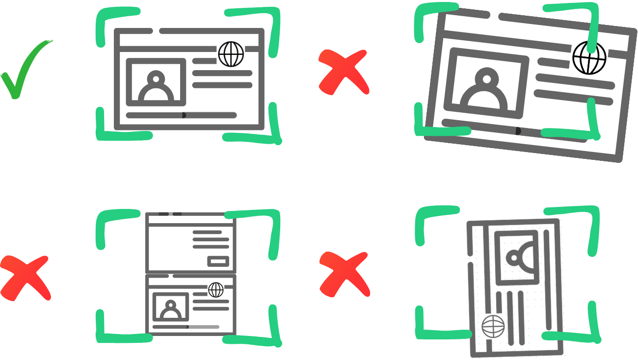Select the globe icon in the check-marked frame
click(x=231, y=53)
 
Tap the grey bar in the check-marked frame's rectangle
click(x=224, y=115)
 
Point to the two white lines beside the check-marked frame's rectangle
click(x=195, y=115)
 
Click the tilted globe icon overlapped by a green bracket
click(x=589, y=57)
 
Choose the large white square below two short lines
click(x=170, y=248)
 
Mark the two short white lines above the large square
click(x=170, y=213)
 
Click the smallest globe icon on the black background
click(x=216, y=289)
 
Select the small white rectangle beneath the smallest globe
click(x=218, y=324)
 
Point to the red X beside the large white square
click(x=25, y=277)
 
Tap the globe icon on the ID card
click(x=493, y=327)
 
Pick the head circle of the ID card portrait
click(x=515, y=257)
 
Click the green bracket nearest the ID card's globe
click(x=444, y=334)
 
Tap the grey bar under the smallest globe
click(x=211, y=327)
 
